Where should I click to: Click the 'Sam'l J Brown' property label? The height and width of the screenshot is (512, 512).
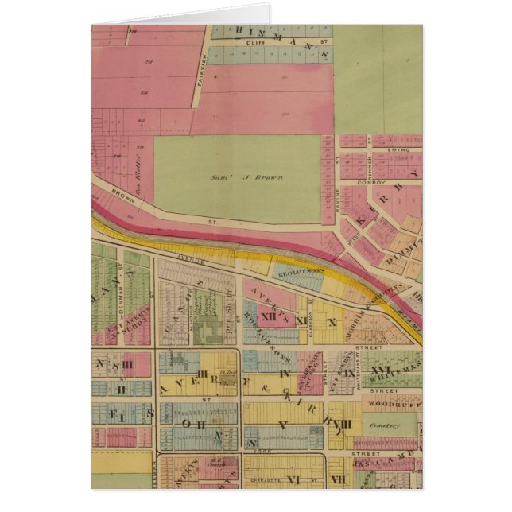click(258, 177)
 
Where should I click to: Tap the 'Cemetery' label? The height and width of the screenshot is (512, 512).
click(390, 427)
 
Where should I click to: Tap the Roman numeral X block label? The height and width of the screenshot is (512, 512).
click(332, 322)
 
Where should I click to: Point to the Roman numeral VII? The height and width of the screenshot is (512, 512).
click(337, 479)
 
